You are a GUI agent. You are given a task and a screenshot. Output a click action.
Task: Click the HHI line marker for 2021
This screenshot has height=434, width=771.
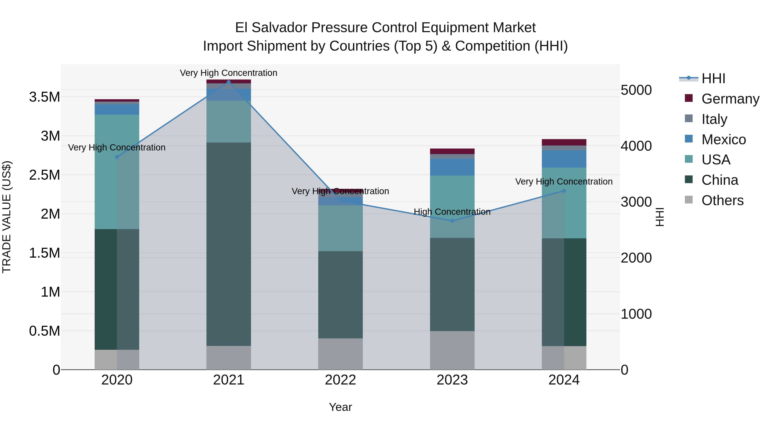(229, 82)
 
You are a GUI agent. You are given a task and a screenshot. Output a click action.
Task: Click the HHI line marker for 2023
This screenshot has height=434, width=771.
(452, 221)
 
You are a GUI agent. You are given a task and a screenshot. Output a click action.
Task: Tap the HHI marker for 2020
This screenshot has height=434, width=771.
(117, 157)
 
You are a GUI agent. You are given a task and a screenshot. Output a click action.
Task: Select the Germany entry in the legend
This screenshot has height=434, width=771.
(730, 99)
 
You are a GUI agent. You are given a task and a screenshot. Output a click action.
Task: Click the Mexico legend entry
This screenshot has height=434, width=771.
(723, 140)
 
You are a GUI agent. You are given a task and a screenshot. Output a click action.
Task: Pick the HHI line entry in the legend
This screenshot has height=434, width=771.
(713, 78)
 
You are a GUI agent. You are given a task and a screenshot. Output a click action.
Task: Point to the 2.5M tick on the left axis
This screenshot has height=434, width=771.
(44, 175)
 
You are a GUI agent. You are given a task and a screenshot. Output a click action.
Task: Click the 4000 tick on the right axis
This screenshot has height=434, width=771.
(636, 146)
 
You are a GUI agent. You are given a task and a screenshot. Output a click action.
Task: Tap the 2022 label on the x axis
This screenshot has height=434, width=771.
(340, 380)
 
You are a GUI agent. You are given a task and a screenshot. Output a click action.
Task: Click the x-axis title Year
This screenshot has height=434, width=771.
(340, 407)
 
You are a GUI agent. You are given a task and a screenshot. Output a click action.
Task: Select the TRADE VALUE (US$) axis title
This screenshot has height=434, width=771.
(7, 217)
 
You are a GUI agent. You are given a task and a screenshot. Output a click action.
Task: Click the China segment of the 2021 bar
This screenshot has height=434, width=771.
(229, 244)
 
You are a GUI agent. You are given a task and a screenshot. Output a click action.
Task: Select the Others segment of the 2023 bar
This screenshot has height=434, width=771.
(452, 350)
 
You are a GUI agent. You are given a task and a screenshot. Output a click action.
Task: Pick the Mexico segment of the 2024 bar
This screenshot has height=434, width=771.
(564, 159)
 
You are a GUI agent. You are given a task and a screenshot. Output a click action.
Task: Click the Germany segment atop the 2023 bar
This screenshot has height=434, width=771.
(452, 151)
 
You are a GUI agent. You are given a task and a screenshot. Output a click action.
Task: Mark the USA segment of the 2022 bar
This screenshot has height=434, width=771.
(340, 228)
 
